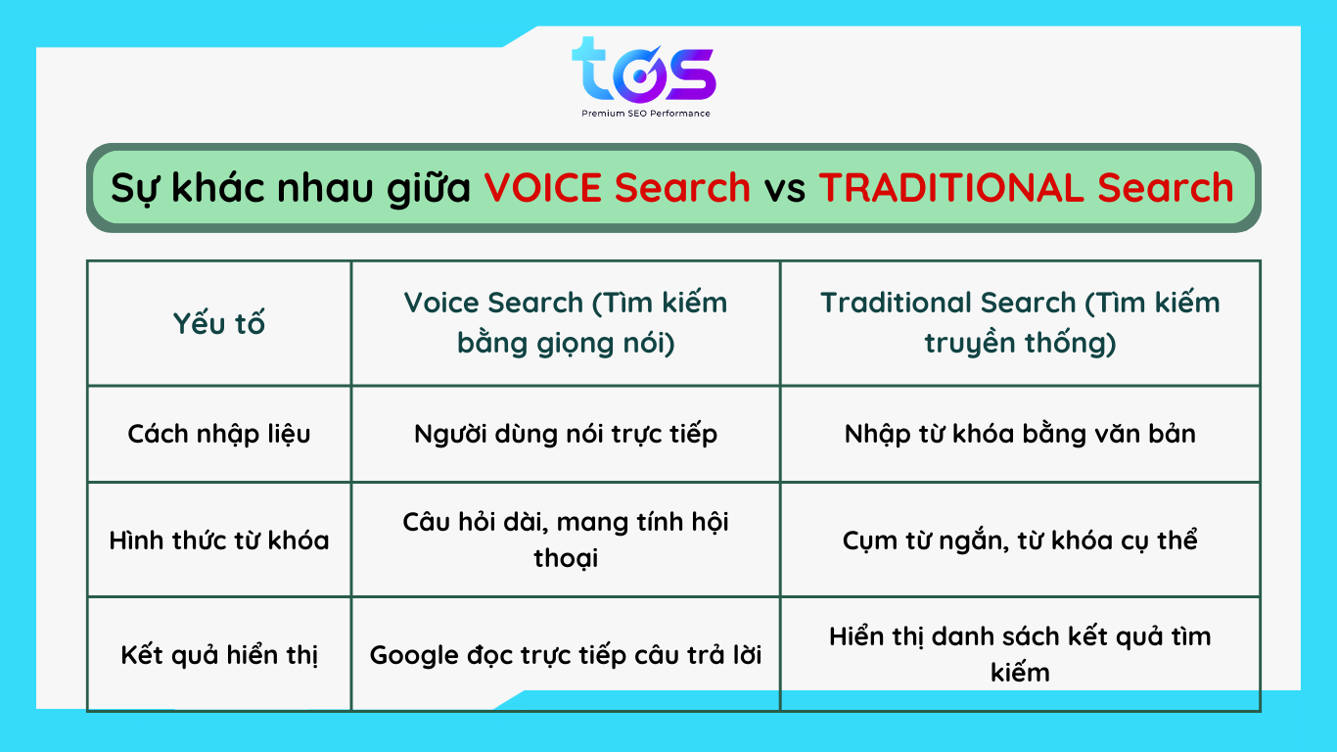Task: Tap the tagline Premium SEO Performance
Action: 646,114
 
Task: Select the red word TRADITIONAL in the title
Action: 950,188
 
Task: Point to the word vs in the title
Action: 785,190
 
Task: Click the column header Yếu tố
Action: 218,324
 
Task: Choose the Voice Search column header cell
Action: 566,322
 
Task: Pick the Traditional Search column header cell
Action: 1020,322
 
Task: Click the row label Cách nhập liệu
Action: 218,435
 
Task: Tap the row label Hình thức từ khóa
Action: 218,540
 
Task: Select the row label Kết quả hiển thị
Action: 218,655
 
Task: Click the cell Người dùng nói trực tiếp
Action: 566,434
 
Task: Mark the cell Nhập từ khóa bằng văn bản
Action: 1020,434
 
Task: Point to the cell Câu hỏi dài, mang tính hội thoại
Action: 566,540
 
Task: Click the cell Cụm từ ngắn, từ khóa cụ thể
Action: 1020,540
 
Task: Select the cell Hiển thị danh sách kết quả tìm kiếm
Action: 1020,654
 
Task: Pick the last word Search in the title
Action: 1165,188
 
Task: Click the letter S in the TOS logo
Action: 689,75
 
